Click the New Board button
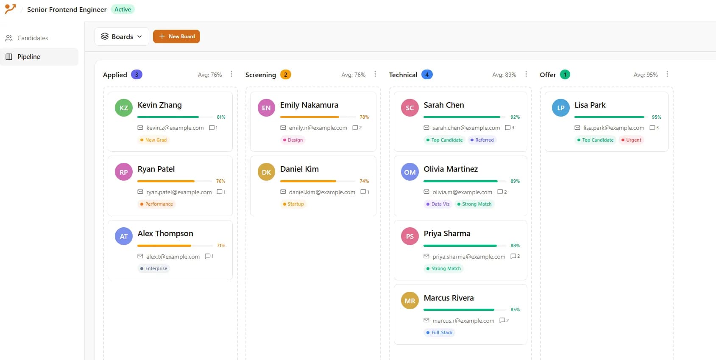176,36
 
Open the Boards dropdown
122,36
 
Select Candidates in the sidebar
33,38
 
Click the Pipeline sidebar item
29,57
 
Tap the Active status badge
123,9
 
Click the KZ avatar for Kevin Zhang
124,108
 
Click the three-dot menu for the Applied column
231,74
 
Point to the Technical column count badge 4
427,75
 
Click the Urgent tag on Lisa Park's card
632,140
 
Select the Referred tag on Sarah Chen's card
482,140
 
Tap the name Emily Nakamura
309,105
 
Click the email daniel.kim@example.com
322,192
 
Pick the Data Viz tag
437,204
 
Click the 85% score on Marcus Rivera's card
515,310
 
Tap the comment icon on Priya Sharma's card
513,256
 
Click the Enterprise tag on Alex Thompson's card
154,268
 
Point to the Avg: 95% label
645,75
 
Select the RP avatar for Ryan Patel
124,172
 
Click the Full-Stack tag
439,332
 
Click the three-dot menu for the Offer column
667,74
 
